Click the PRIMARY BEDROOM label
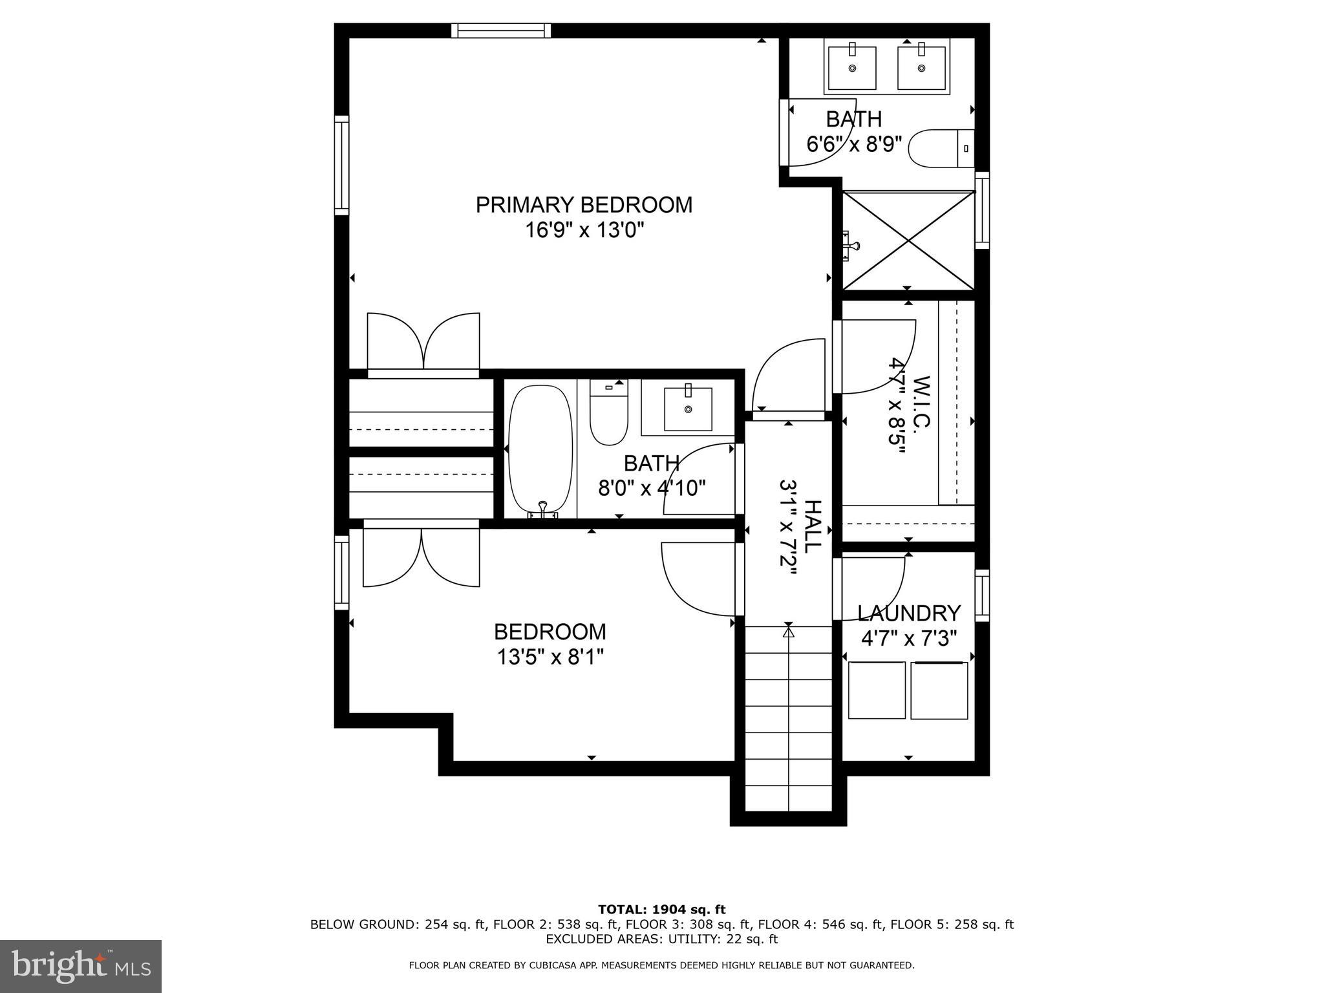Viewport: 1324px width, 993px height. click(x=584, y=205)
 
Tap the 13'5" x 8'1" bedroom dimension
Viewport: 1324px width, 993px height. click(x=550, y=657)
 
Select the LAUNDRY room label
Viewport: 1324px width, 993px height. click(x=908, y=613)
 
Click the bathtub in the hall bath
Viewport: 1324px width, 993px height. click(x=540, y=450)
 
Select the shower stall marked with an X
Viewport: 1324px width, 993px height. click(x=908, y=240)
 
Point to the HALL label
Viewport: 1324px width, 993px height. click(x=811, y=526)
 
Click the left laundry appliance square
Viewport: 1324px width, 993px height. click(x=876, y=689)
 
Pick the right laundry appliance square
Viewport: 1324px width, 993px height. click(x=939, y=689)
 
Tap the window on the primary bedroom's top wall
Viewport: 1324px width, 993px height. click(x=501, y=30)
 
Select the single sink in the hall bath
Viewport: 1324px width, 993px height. click(x=688, y=409)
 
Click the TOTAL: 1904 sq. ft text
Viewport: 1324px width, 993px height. click(x=661, y=910)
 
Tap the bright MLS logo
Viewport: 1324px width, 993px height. click(x=81, y=966)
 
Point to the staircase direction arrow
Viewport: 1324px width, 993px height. click(x=788, y=632)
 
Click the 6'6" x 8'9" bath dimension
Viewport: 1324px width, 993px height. click(x=853, y=144)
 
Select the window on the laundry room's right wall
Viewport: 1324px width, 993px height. click(x=981, y=595)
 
